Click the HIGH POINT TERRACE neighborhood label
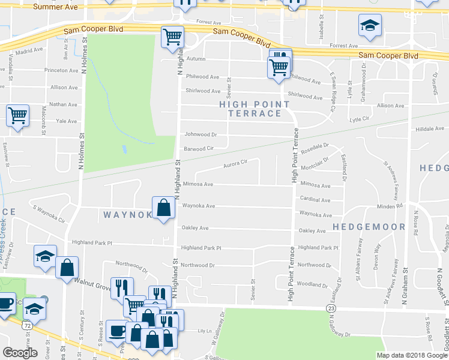[x=255, y=109]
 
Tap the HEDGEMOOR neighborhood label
[x=361, y=227]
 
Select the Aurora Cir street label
[x=235, y=163]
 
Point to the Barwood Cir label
[x=199, y=148]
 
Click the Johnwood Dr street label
[x=200, y=134]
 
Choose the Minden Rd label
[x=390, y=206]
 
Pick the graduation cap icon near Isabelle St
[x=369, y=25]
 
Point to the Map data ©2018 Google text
[x=412, y=355]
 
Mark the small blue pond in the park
[x=124, y=148]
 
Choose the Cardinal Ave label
[x=315, y=200]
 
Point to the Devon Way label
[x=378, y=256]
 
